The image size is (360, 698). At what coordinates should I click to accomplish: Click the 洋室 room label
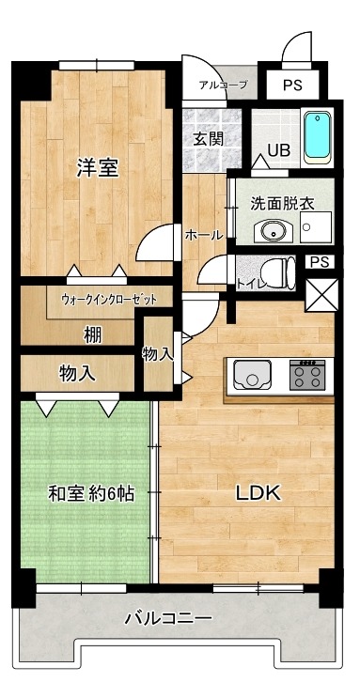click(x=98, y=168)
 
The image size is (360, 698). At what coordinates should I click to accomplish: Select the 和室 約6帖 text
click(x=85, y=492)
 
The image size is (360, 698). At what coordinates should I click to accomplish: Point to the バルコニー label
click(x=168, y=618)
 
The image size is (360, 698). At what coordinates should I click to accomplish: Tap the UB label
click(x=279, y=148)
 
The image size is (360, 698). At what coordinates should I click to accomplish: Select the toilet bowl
click(x=278, y=273)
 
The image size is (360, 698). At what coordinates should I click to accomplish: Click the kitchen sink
click(x=251, y=377)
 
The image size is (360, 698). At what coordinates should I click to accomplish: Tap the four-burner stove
click(x=306, y=377)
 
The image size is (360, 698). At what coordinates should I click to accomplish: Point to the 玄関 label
click(x=208, y=139)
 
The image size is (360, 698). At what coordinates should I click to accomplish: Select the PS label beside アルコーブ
click(x=292, y=85)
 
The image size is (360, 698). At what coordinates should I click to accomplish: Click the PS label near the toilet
click(x=320, y=262)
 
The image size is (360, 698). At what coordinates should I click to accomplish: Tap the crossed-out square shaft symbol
click(x=320, y=295)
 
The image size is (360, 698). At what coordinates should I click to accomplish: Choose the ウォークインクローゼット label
click(x=108, y=300)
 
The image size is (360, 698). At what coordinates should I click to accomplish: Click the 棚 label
click(x=91, y=333)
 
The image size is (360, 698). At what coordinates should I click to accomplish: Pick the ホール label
click(x=204, y=234)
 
